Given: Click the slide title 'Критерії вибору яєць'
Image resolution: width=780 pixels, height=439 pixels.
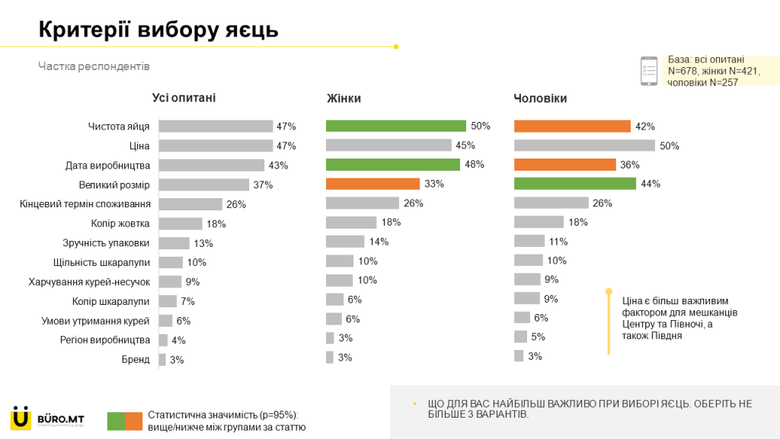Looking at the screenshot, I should pos(158,29).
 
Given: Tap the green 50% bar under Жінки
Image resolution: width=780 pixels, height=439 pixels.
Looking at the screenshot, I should pos(395,126).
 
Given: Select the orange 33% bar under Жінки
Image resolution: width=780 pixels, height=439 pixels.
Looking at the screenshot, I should pos(372,184).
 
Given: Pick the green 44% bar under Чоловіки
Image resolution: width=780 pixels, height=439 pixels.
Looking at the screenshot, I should pos(574,184).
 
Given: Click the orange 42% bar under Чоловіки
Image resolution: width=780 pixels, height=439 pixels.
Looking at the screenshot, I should pos(572,127).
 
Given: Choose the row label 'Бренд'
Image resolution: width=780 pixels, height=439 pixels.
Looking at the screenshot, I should pos(136,360).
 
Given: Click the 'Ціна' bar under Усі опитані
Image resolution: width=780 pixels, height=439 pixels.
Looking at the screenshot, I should pos(216,146).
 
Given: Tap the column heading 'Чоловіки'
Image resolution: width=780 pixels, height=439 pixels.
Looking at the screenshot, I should pos(540,98).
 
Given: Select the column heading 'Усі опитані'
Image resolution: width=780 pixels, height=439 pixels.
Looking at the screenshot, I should pos(184,98).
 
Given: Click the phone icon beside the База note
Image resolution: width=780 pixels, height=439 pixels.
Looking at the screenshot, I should pos(649,70).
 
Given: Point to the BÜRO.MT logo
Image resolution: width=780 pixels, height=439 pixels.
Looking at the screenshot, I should pos(46,418).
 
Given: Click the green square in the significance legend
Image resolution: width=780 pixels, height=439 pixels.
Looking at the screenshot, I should pos(116,421).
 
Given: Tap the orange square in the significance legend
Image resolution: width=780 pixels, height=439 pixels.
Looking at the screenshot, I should pos(133,421).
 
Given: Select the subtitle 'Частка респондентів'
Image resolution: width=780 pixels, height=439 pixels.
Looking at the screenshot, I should pos(94,66).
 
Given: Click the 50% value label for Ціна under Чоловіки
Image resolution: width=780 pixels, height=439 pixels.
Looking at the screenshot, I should pos(670,146).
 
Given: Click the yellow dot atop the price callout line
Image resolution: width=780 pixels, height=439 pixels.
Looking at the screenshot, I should pos(609,291).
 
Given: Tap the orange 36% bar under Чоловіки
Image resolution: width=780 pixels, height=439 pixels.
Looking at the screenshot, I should pos(564,165).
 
